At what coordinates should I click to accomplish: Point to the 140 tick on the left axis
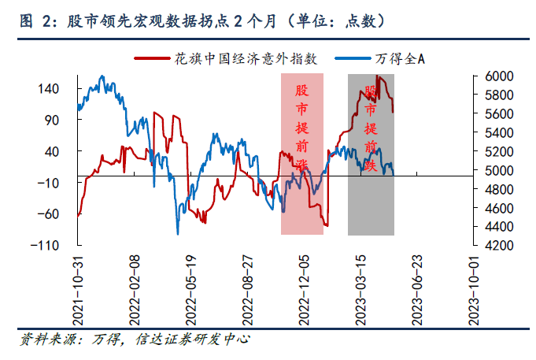click(x=50, y=89)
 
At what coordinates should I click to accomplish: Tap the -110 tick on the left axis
click(x=46, y=245)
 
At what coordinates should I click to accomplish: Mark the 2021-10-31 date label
click(x=78, y=290)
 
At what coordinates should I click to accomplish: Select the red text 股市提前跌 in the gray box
click(x=371, y=118)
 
